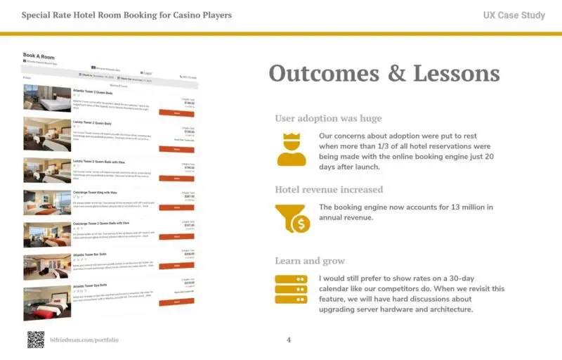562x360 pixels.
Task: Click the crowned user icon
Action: click(292, 148)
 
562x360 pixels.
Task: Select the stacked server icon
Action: click(292, 289)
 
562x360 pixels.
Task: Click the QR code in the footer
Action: click(36, 340)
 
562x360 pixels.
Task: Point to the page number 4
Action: click(289, 340)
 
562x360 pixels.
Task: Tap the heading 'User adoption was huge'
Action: click(328, 118)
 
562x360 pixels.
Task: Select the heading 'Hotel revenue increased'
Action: click(329, 189)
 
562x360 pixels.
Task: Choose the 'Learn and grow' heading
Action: click(310, 260)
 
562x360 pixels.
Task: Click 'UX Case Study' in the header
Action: click(514, 15)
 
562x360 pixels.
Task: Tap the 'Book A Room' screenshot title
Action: click(39, 56)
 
